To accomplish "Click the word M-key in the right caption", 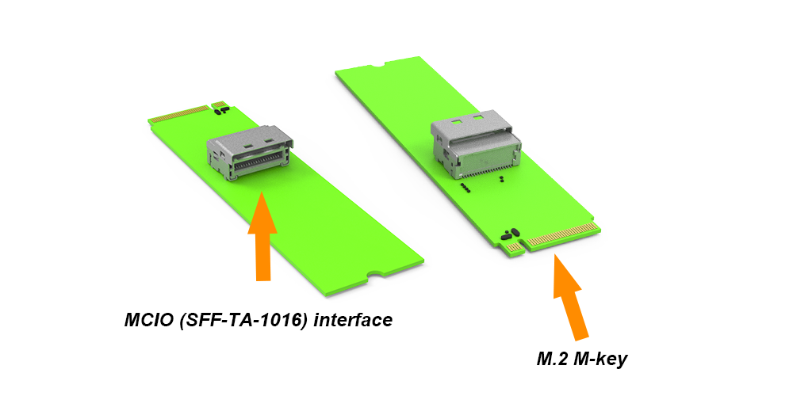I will point(603,359).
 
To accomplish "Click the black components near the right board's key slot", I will point(510,234).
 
